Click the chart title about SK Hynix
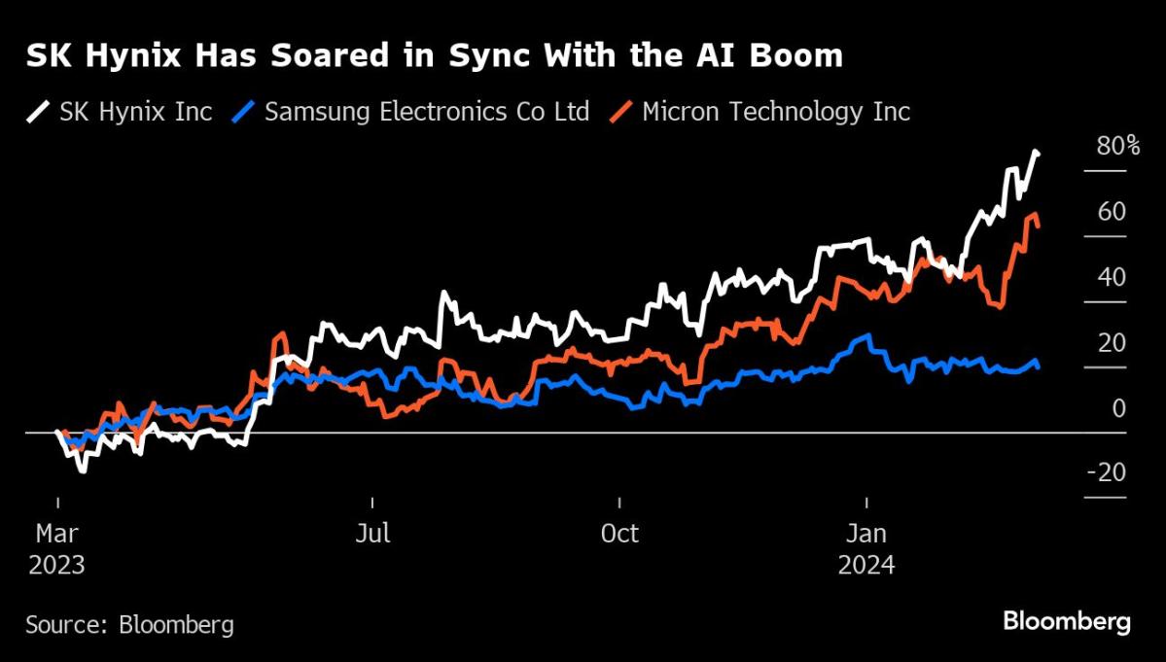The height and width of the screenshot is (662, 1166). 434,56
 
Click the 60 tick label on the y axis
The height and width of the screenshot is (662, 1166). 1112,212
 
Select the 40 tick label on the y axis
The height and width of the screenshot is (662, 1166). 1112,277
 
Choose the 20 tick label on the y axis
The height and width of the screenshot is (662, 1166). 1112,342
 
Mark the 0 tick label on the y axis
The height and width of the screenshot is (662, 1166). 1118,407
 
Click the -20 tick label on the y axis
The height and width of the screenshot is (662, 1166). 1107,472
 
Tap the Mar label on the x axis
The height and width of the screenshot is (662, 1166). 58,534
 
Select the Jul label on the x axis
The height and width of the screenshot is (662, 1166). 373,534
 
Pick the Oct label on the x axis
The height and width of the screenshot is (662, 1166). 619,534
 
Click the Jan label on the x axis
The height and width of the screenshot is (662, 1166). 866,534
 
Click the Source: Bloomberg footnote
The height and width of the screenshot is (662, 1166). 129,624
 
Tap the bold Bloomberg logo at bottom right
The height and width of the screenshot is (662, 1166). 1067,622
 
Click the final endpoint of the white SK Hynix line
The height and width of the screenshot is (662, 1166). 1038,154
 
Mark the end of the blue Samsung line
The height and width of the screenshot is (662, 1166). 1038,366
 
